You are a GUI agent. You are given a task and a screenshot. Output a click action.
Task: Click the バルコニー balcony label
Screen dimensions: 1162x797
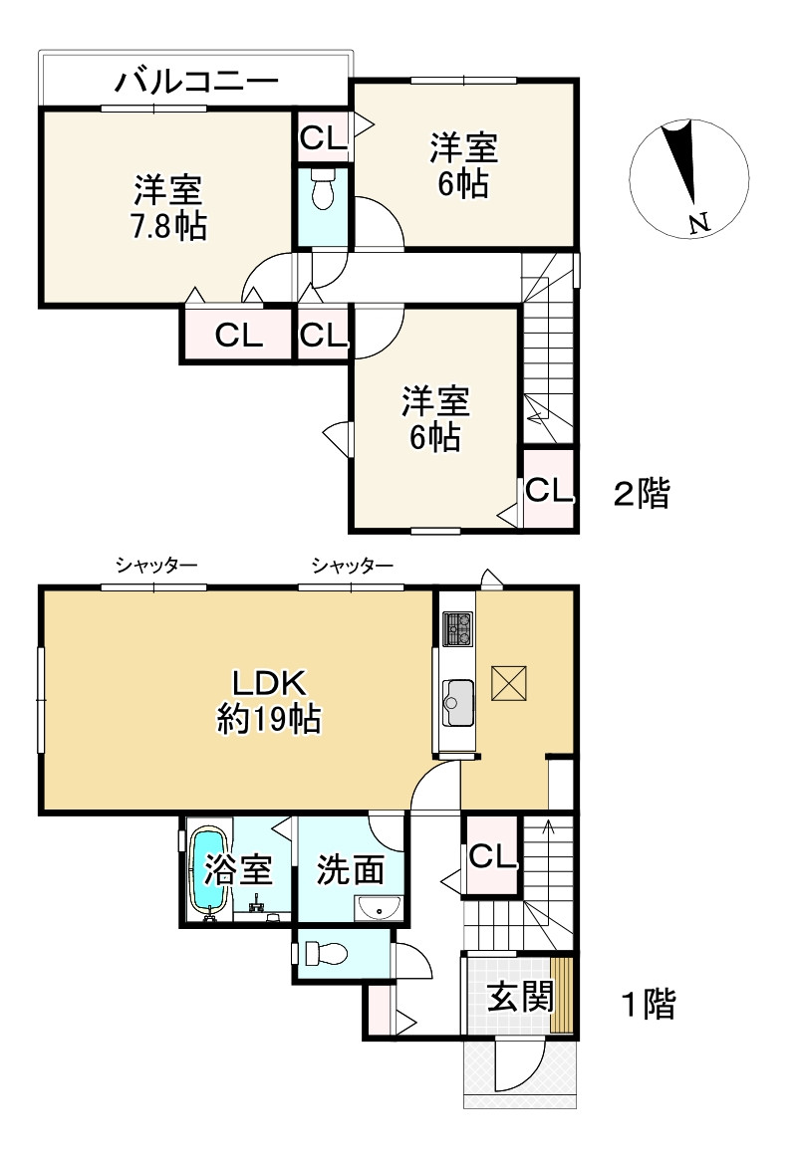pyautogui.click(x=194, y=81)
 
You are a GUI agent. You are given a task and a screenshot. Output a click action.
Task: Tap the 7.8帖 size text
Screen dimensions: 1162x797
pyautogui.click(x=168, y=227)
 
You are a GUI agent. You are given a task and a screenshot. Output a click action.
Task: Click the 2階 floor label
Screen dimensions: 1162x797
pyautogui.click(x=641, y=493)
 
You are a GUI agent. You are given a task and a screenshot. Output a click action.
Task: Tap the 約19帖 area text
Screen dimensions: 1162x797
pyautogui.click(x=268, y=719)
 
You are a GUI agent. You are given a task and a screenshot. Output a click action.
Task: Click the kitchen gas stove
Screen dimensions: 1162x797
pyautogui.click(x=457, y=627)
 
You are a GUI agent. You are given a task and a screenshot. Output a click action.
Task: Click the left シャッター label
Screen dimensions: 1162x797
pyautogui.click(x=155, y=567)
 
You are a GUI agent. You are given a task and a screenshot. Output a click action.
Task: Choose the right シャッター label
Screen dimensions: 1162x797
pyautogui.click(x=352, y=567)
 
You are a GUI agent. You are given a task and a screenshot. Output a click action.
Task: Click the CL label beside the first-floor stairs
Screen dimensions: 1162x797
pyautogui.click(x=491, y=855)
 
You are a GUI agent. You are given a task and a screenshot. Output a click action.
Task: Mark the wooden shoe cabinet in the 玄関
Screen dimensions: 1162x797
pyautogui.click(x=563, y=996)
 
